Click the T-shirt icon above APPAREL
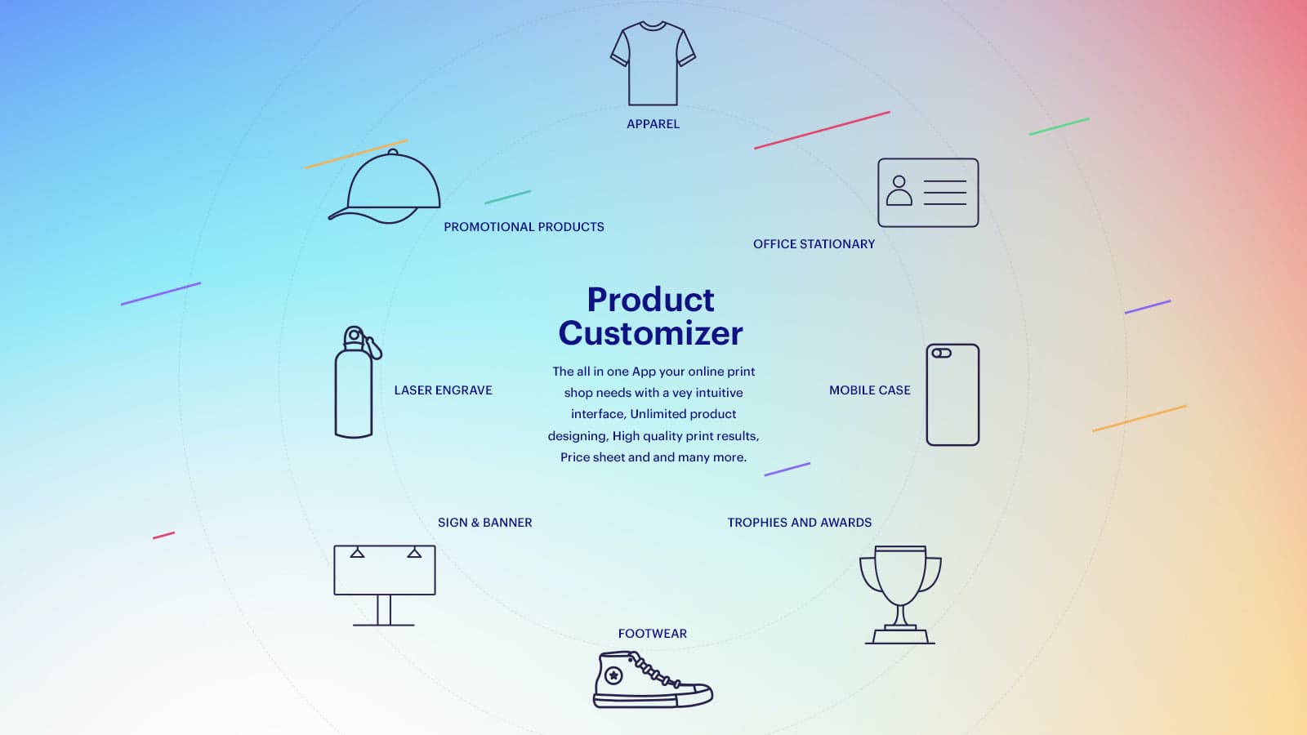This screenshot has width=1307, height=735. (x=653, y=64)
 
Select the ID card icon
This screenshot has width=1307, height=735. (x=928, y=193)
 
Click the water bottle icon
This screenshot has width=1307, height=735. (x=355, y=384)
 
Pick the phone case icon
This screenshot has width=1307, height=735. (x=952, y=395)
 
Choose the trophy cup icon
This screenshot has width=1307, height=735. (x=900, y=593)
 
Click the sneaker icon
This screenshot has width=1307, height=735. (x=652, y=680)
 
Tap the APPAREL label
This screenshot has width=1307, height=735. (x=653, y=124)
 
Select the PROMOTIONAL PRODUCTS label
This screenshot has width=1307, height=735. (x=524, y=227)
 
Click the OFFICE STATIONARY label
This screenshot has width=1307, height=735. (x=814, y=244)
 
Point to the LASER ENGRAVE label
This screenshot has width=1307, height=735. (x=443, y=390)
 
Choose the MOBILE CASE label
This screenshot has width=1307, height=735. (x=869, y=390)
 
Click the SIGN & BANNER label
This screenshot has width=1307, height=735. (x=484, y=523)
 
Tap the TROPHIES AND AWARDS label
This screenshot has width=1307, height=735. (x=799, y=523)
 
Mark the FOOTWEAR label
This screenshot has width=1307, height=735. (x=652, y=634)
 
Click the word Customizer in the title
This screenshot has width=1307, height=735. (x=650, y=333)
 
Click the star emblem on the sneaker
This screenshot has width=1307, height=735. (x=613, y=675)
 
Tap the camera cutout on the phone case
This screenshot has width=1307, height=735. (x=941, y=354)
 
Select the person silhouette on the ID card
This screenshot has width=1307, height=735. (x=899, y=191)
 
